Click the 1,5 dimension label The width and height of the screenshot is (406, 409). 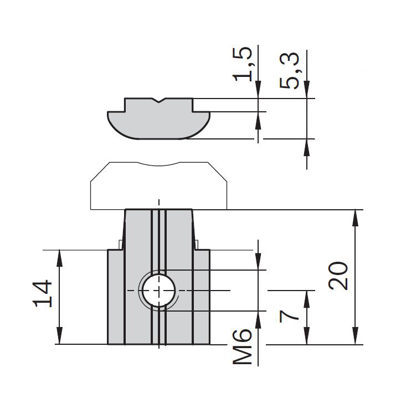243,64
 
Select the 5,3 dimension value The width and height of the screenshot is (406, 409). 289,71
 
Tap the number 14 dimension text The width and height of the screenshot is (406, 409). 42,294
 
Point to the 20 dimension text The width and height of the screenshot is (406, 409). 338,276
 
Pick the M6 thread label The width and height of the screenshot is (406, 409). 243,346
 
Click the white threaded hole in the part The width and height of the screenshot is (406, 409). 159,291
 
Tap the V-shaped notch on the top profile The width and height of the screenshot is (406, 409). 159,100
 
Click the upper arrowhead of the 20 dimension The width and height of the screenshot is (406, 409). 355,218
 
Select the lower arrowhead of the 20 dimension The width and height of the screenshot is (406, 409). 355,336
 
